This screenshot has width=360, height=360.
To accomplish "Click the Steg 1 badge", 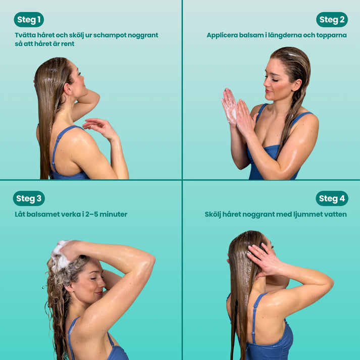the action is click(29, 20).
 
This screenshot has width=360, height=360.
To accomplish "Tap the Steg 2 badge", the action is click(332, 20).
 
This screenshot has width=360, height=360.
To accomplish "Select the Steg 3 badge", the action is click(29, 198).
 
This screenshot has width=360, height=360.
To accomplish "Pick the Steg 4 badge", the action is click(332, 198).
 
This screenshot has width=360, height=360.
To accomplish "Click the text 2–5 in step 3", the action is click(91, 214).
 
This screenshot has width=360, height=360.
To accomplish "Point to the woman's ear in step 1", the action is click(68, 89).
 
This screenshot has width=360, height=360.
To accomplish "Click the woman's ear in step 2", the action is click(297, 85).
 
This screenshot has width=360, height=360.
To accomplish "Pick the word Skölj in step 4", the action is click(213, 215).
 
